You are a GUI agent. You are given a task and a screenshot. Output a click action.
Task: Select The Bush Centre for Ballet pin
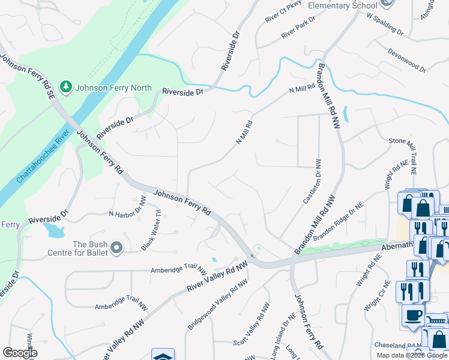click(x=116, y=247)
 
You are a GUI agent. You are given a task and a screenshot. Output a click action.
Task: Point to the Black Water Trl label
click(x=152, y=230)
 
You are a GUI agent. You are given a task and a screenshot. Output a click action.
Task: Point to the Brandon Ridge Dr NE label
click(x=338, y=222)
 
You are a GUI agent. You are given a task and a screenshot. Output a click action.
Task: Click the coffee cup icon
click(x=413, y=314)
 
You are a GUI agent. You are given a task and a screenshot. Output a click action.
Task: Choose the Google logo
click(x=20, y=352)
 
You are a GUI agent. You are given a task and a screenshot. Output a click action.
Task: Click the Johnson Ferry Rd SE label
click(x=27, y=77)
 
